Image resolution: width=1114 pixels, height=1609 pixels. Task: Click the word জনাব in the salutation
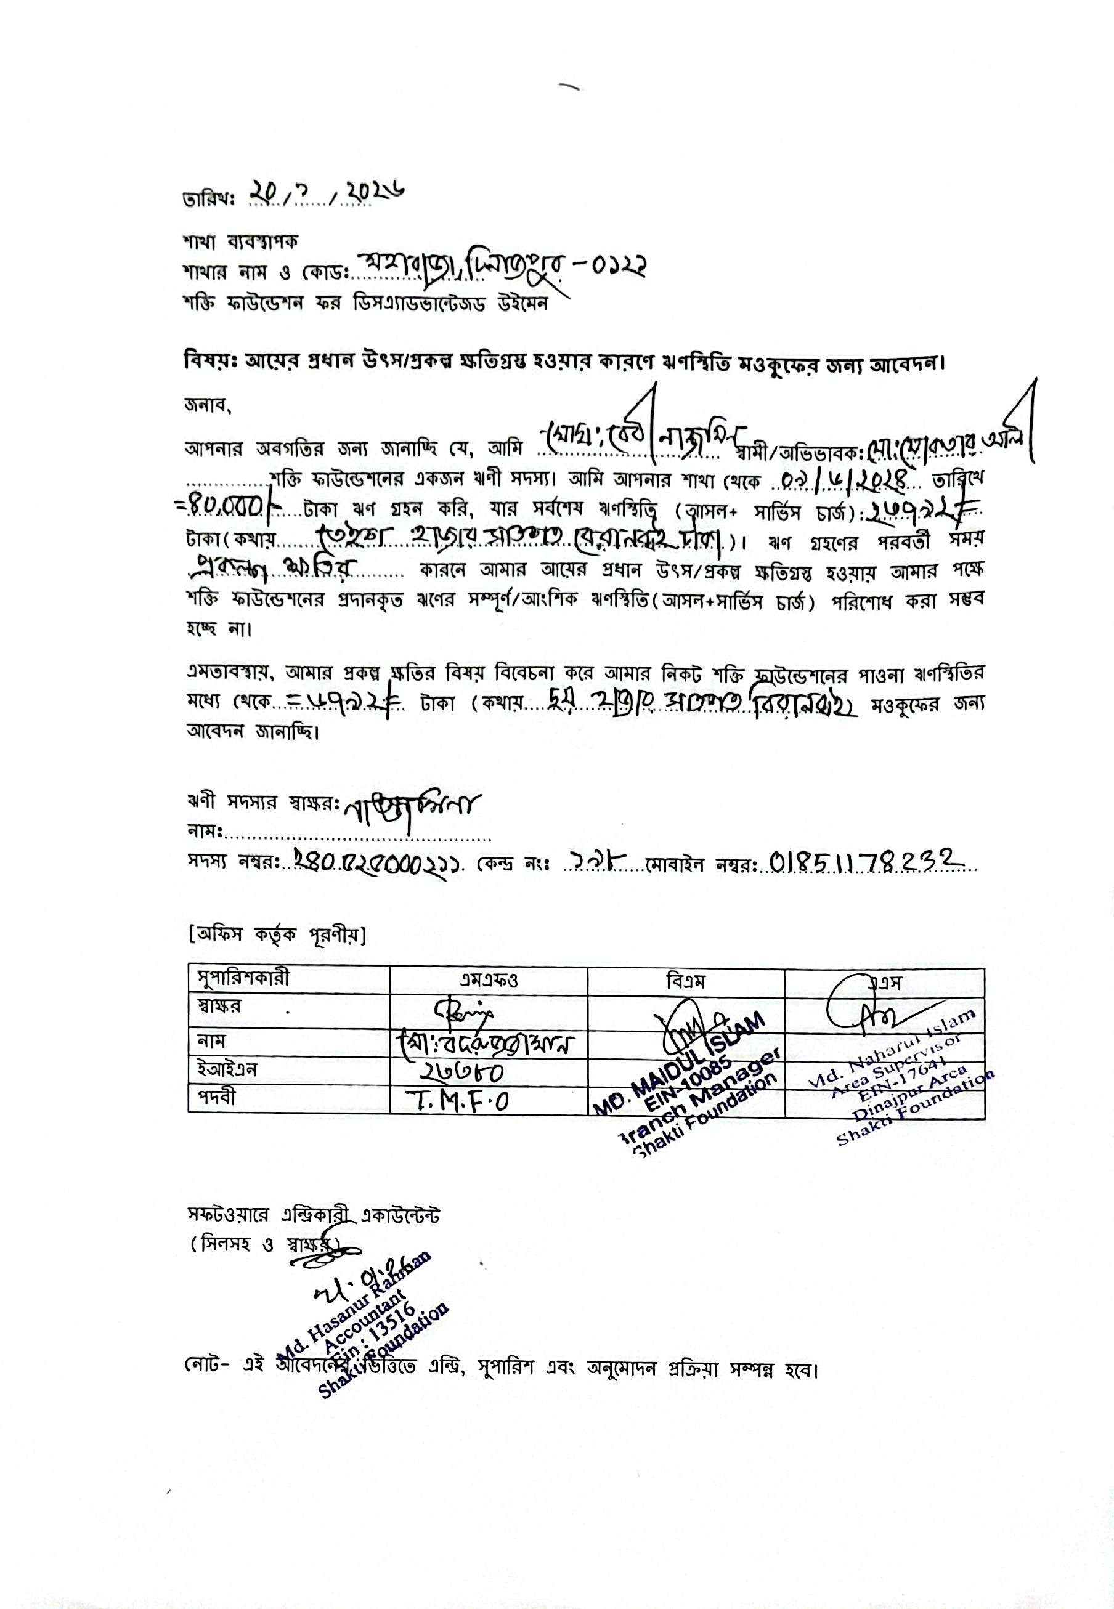coord(206,405)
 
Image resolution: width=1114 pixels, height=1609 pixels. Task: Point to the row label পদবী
coord(217,1098)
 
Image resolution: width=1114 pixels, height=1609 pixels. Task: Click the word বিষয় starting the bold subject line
coord(201,363)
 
